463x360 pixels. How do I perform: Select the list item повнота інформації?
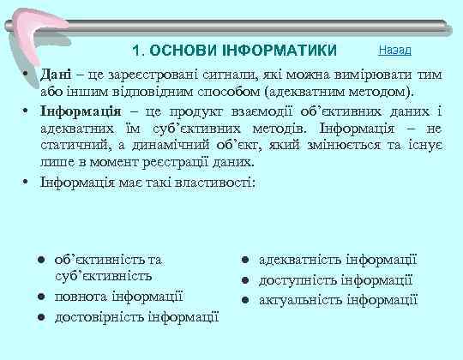pyautogui.click(x=117, y=297)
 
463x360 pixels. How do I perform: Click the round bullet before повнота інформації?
pyautogui.click(x=40, y=297)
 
